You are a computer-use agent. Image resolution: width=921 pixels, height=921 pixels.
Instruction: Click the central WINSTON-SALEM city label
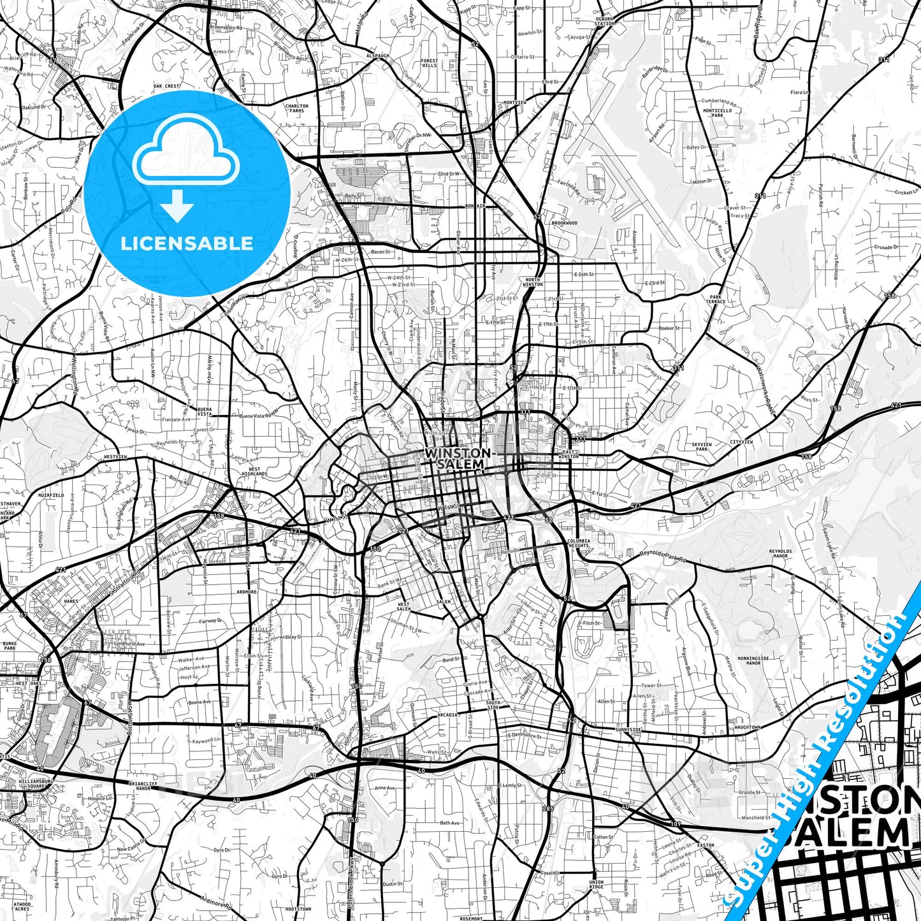(458, 458)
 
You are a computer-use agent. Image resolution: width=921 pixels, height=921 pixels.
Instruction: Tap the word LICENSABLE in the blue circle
(187, 243)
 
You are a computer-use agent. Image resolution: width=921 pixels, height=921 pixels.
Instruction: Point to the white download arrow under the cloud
(177, 206)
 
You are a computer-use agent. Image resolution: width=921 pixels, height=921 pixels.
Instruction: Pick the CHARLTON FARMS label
(297, 108)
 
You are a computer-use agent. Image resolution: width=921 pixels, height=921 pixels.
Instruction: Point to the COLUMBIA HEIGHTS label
(578, 543)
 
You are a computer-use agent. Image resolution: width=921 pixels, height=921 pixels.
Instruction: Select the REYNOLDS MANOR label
(780, 553)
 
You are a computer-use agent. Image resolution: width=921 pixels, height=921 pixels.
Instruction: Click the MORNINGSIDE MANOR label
(753, 660)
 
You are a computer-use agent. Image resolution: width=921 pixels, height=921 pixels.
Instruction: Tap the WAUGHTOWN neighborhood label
(747, 727)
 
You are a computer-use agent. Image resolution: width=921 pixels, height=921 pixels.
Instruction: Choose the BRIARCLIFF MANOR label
(143, 786)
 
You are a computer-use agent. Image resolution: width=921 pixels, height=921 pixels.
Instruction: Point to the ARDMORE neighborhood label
(246, 592)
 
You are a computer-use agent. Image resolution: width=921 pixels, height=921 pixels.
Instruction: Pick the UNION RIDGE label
(596, 885)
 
